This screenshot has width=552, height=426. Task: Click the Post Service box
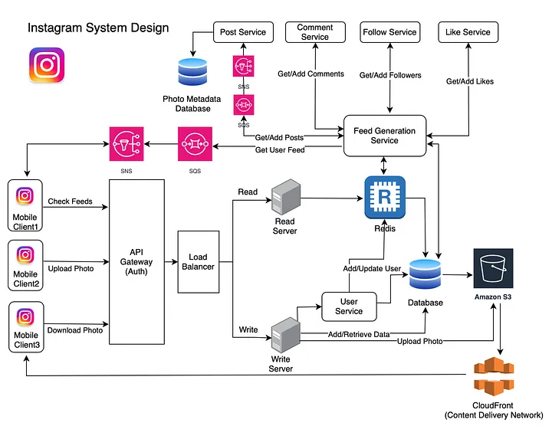[x=242, y=32]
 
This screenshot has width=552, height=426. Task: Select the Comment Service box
[x=314, y=32]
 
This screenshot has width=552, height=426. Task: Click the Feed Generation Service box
[x=384, y=136]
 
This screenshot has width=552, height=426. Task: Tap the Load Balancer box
[x=199, y=261]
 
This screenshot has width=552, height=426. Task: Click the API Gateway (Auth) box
[x=137, y=261]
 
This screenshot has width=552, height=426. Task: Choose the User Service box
[x=349, y=306]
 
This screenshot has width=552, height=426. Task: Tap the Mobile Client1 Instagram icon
[x=25, y=197]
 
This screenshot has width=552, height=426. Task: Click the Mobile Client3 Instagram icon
[x=25, y=316]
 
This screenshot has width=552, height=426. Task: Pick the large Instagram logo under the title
[x=46, y=66]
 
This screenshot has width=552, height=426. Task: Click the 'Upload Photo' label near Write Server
[x=419, y=340]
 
